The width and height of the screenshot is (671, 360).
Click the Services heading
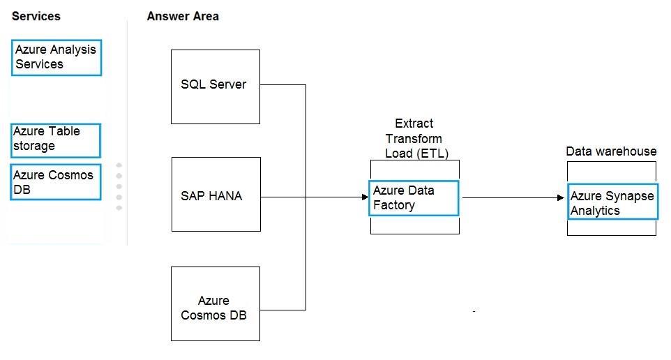36,16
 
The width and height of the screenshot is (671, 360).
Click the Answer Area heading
183,16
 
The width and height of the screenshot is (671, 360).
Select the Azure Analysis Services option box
56,58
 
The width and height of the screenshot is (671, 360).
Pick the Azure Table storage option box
56,140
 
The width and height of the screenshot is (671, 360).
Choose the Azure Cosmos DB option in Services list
56,182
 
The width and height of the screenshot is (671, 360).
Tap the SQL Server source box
216,87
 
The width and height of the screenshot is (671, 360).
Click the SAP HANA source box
216,195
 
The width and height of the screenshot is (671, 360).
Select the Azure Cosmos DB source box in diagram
216,304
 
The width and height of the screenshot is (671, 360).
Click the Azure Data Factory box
414,197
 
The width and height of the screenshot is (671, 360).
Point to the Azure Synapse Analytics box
613,202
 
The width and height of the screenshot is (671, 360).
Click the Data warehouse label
611,151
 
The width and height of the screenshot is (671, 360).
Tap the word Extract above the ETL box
414,123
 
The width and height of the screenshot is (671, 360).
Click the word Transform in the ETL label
414,139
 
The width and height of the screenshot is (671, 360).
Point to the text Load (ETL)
416,153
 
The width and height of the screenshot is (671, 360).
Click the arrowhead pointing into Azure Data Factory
365,197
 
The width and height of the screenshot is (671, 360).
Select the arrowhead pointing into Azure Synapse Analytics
561,197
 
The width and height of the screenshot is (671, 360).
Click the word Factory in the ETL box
393,205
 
